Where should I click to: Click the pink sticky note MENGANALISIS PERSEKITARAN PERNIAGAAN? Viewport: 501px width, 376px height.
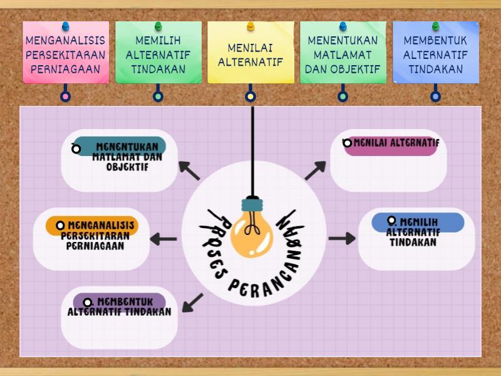66,55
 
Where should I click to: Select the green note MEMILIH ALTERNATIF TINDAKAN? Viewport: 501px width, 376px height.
158,55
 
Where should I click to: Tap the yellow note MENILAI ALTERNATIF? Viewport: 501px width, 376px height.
250,55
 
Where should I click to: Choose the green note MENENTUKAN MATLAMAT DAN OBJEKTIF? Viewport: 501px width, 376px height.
343,55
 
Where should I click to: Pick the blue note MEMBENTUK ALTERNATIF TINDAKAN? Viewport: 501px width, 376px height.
435,55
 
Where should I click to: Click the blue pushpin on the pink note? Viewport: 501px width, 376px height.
66,26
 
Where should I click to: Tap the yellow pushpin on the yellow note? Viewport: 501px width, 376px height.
250,26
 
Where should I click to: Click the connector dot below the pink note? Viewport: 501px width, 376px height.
65,97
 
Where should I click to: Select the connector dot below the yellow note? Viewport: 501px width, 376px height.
250,97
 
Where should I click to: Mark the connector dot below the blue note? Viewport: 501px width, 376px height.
435,97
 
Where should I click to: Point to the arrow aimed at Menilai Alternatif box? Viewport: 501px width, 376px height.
316,170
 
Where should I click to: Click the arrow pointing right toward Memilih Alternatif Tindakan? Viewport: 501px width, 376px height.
341,238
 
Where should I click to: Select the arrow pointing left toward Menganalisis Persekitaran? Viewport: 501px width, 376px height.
163,239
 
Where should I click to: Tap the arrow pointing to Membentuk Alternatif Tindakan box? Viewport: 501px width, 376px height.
192,303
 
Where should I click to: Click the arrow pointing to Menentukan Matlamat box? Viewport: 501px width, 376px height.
189,170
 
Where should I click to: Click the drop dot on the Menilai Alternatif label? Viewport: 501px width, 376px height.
348,144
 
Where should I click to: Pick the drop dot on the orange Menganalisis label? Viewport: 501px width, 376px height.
61,226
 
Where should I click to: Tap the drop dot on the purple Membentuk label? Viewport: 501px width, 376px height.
88,303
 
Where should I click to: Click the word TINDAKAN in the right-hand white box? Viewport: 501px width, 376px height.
413,243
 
